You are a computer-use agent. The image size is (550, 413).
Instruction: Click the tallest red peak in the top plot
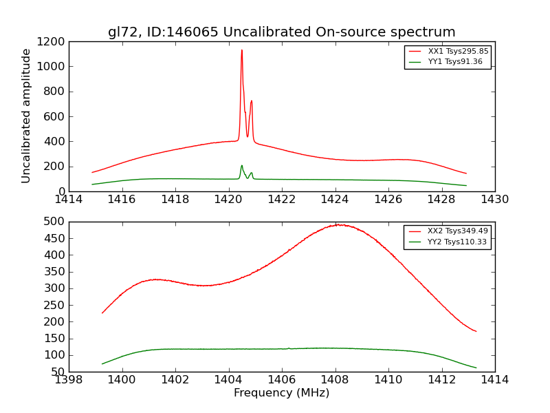(241, 50)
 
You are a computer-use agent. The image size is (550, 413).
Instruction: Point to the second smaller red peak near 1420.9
(252, 101)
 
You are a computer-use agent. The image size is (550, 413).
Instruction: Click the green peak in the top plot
(241, 166)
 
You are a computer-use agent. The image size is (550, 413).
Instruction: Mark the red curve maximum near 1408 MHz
(337, 224)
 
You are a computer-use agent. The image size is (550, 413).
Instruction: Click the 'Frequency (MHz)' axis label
(281, 394)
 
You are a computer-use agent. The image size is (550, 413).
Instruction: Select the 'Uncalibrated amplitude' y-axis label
(27, 116)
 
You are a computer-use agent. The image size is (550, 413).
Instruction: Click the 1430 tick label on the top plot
(494, 200)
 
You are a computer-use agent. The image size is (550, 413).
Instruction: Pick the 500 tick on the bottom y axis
(56, 222)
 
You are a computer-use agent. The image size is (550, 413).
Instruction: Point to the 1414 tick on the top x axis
(69, 200)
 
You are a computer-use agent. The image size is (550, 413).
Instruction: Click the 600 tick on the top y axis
(56, 116)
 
